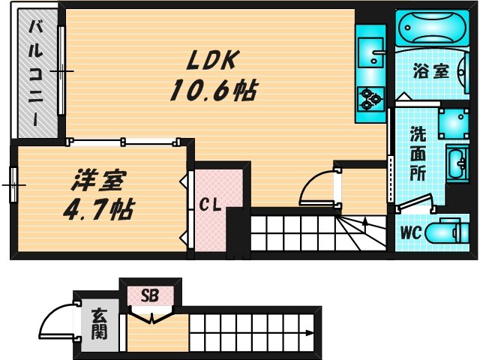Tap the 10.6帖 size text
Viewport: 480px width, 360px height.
(213, 91)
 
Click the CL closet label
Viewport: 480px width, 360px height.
(209, 204)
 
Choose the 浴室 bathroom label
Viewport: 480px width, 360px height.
(430, 72)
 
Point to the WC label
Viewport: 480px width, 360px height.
(410, 232)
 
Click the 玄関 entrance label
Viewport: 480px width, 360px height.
(98, 324)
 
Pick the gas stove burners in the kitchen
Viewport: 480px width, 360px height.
(370, 98)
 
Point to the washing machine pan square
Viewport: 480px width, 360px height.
(454, 120)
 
